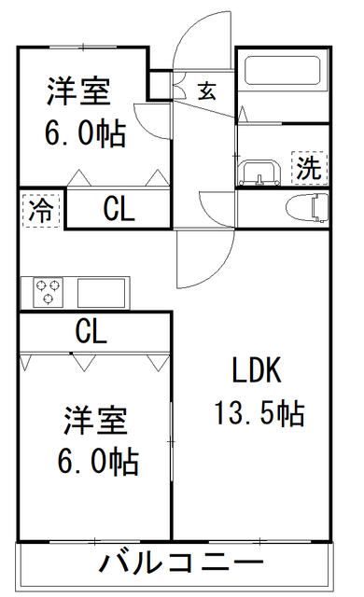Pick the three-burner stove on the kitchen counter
tap(48, 292)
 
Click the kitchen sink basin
tap(102, 292)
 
